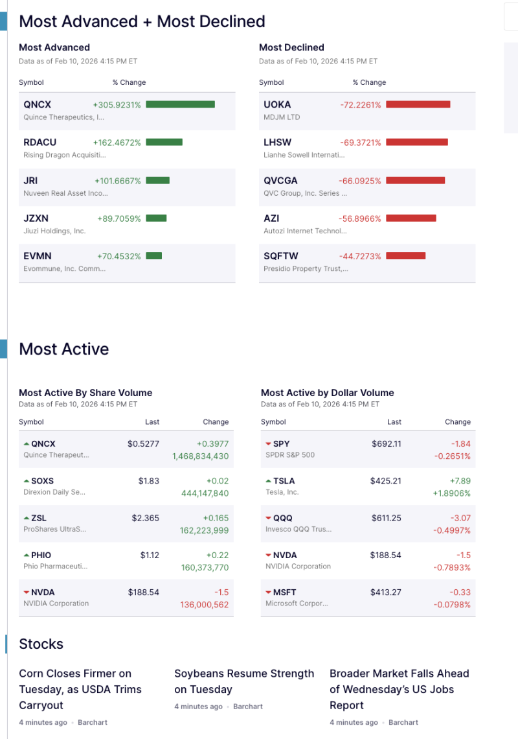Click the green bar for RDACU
point(164,142)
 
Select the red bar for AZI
point(411,218)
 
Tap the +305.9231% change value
point(117,104)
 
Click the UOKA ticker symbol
point(277,104)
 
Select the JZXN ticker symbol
point(36,218)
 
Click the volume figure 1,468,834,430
point(200,456)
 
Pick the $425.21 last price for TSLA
point(386,481)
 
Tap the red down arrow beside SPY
point(268,444)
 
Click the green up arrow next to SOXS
point(27,481)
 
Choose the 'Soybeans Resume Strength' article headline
point(244,681)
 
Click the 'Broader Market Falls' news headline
point(400,689)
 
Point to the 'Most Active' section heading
point(64,349)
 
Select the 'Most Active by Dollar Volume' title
point(327,393)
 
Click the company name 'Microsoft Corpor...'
point(297,604)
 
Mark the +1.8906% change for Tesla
point(451,493)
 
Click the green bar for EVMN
point(154,256)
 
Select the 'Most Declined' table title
point(291,47)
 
